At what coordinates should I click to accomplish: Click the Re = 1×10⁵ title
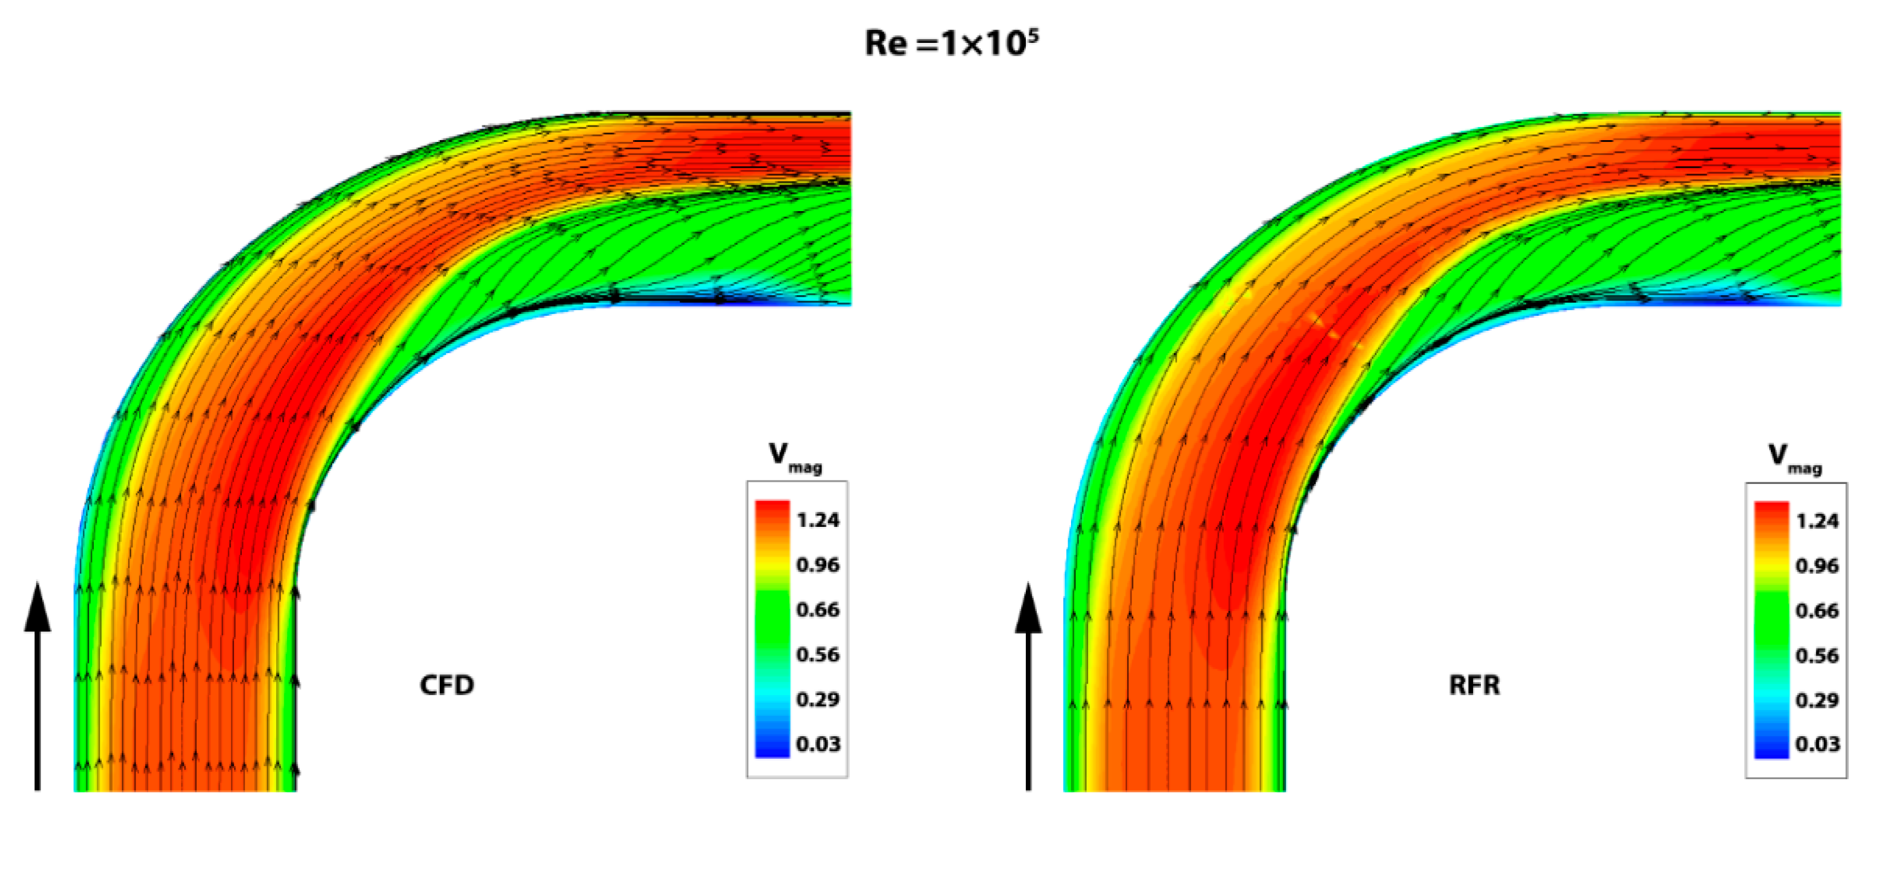(x=951, y=43)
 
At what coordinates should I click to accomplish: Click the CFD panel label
(x=446, y=685)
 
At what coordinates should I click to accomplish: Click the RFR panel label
(x=1474, y=685)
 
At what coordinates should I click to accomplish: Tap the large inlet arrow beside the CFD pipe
(x=37, y=685)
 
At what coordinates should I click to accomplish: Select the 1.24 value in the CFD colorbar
(x=818, y=520)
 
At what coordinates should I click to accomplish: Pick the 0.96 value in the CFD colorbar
(x=818, y=565)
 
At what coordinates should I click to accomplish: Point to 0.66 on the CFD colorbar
(x=818, y=610)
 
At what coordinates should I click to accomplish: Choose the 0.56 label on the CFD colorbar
(x=818, y=654)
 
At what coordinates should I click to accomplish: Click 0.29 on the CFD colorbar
(x=818, y=699)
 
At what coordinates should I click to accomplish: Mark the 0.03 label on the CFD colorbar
(x=818, y=744)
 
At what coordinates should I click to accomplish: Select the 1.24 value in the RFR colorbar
(x=1817, y=521)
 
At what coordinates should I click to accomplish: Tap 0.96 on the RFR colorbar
(x=1817, y=566)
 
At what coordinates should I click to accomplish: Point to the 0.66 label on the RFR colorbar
(x=1817, y=610)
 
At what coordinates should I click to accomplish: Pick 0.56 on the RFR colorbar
(x=1817, y=655)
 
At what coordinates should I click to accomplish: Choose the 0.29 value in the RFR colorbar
(x=1817, y=700)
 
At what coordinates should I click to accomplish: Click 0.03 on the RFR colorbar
(x=1817, y=744)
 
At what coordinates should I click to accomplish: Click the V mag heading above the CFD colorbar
(x=795, y=457)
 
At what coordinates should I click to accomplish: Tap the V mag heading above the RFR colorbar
(x=1794, y=458)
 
